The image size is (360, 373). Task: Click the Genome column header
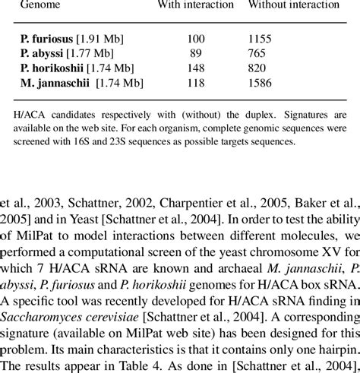(40, 5)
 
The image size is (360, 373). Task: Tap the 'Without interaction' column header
(292, 5)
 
